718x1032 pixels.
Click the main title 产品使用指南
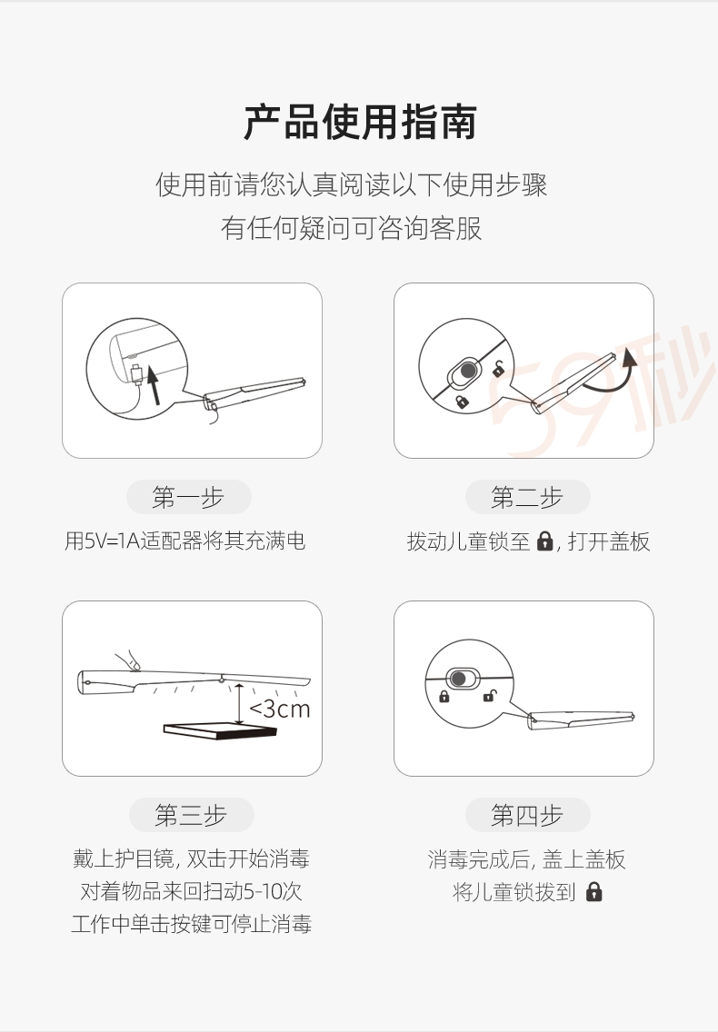click(360, 123)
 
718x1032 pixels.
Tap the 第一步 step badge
click(188, 497)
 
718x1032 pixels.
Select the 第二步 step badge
click(527, 497)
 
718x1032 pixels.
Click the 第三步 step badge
click(191, 815)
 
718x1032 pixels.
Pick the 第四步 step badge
click(527, 815)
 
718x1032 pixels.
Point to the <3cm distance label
click(279, 709)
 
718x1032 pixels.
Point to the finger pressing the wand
click(128, 660)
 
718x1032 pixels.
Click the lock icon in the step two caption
click(544, 541)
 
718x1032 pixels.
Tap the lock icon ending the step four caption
click(594, 892)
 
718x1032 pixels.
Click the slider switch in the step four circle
click(464, 678)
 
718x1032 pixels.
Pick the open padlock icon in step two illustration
click(500, 369)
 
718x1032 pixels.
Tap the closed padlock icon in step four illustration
click(444, 696)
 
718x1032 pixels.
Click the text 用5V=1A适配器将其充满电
click(185, 541)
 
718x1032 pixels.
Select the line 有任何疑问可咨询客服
click(351, 228)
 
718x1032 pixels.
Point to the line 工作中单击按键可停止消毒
click(191, 923)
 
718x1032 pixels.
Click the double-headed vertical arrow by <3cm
click(239, 705)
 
